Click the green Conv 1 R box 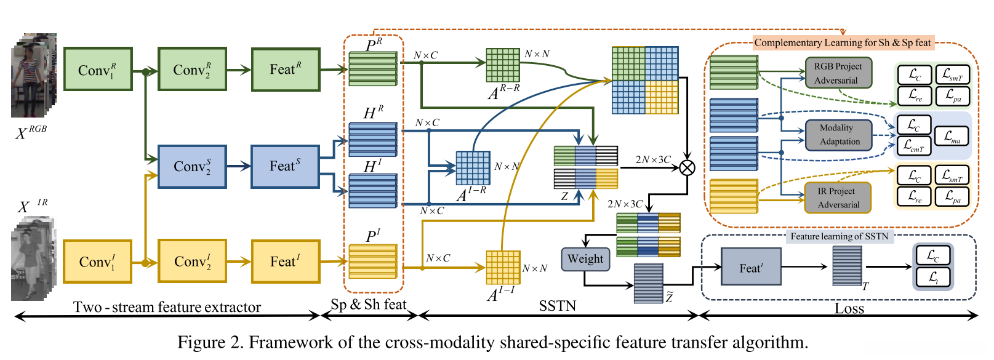coord(97,70)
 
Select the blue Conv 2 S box coord(192,166)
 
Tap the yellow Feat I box coord(286,262)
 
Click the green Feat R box coord(286,70)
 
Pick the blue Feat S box coord(285,166)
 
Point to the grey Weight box coord(585,259)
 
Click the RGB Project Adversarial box coord(838,73)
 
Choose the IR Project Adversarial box coord(838,198)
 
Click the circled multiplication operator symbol coord(687,167)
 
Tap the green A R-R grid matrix coord(503,65)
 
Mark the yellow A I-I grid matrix coord(503,267)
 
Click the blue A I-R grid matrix coord(473,168)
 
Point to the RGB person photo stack coord(34,76)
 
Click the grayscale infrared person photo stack coord(34,258)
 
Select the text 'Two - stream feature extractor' coord(167,307)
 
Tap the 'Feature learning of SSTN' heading coord(840,236)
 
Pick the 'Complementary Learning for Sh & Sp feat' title coord(843,42)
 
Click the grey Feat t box coord(751,267)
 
